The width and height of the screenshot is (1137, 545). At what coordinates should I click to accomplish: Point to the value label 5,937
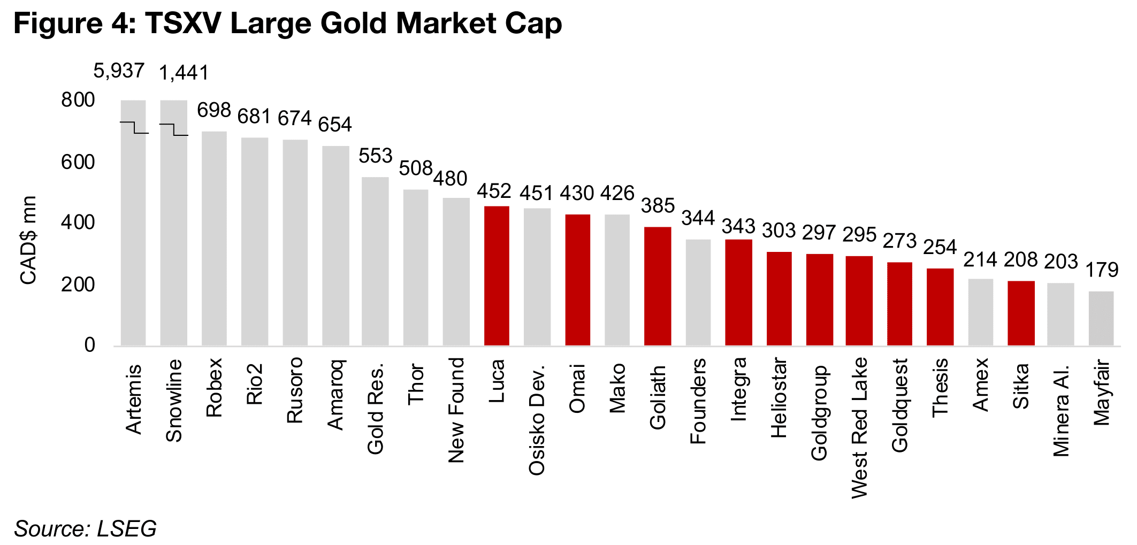[119, 71]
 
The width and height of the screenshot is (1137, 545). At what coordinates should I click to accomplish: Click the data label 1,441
[184, 73]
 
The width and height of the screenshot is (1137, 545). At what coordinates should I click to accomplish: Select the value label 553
[375, 156]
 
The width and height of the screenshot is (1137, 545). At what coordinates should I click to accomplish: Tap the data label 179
[1102, 270]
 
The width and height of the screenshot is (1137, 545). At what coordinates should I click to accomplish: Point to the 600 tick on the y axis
[78, 162]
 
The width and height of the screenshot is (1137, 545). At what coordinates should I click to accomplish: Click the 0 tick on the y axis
[89, 345]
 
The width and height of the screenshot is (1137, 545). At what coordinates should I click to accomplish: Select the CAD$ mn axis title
[28, 240]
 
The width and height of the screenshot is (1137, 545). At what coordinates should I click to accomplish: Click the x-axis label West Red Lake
[859, 428]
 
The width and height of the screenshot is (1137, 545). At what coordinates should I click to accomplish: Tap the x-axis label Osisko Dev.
[536, 420]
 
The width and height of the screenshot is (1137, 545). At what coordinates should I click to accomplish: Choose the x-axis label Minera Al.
[1060, 411]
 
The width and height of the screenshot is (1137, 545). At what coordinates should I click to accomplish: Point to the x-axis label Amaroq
[335, 395]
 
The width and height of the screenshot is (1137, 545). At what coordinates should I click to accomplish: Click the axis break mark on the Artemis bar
[134, 127]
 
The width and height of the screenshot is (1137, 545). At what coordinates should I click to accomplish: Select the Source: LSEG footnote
[85, 528]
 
